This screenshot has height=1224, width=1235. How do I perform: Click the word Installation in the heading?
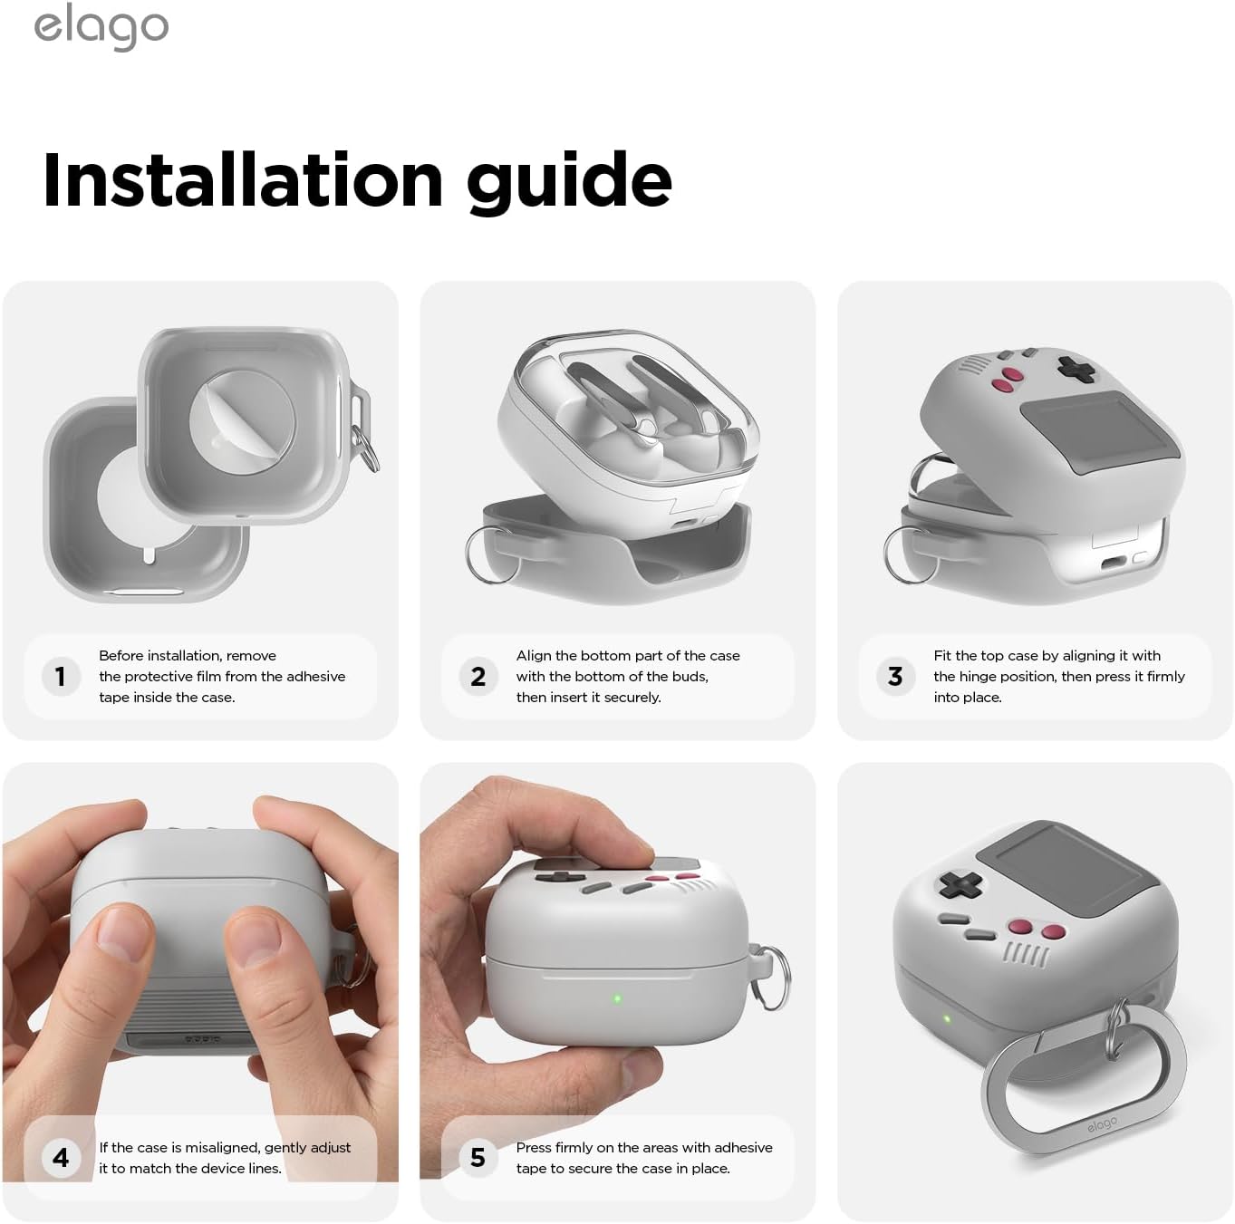[x=243, y=180]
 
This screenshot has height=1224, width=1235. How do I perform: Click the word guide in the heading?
[x=570, y=183]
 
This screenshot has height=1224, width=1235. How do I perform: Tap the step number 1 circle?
[x=61, y=676]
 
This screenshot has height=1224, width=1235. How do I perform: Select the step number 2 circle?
[x=478, y=676]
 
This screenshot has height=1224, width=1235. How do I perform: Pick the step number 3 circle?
[x=895, y=676]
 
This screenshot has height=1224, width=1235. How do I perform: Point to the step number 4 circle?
[x=61, y=1157]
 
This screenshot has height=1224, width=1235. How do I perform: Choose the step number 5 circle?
[x=478, y=1157]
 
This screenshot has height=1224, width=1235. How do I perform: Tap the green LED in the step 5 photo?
[x=617, y=998]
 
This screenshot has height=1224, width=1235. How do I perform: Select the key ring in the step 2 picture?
[x=489, y=555]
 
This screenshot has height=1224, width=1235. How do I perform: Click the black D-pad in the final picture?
[x=960, y=885]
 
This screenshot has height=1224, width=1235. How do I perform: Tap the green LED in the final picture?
[x=947, y=1018]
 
